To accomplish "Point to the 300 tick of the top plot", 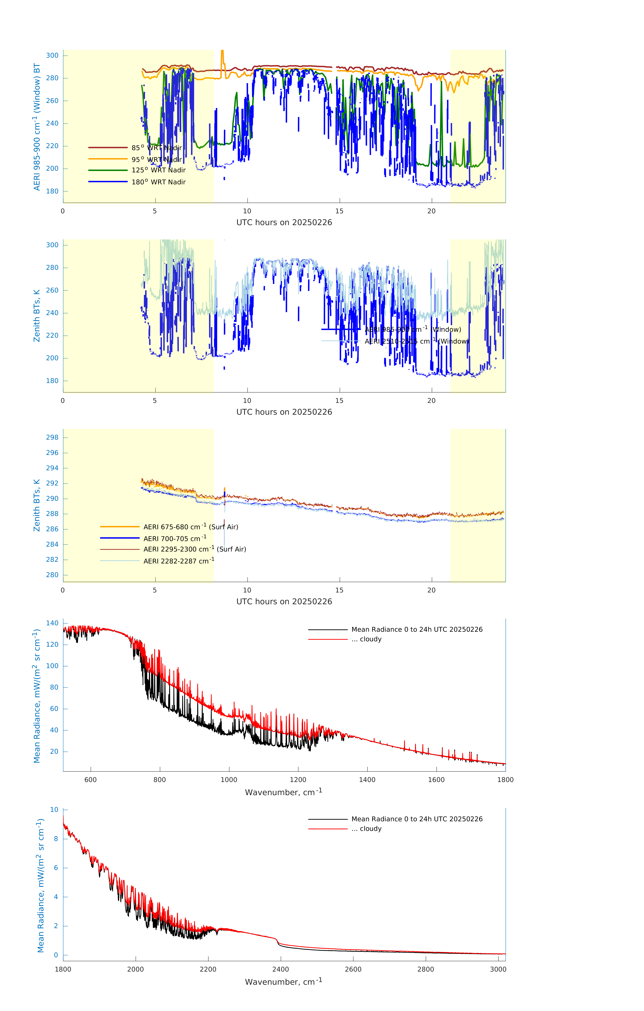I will click(x=52, y=55).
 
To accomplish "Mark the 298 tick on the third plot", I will click(x=52, y=437).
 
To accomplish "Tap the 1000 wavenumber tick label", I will click(x=229, y=780).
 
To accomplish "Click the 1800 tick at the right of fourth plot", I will click(x=505, y=780).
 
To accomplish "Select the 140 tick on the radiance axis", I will click(x=52, y=623).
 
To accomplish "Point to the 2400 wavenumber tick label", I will click(x=280, y=969).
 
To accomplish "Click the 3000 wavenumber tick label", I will click(x=498, y=969).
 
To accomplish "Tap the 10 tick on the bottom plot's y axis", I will click(x=54, y=809).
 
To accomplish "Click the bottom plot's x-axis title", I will click(x=284, y=982).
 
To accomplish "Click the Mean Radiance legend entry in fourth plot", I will click(x=417, y=629).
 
